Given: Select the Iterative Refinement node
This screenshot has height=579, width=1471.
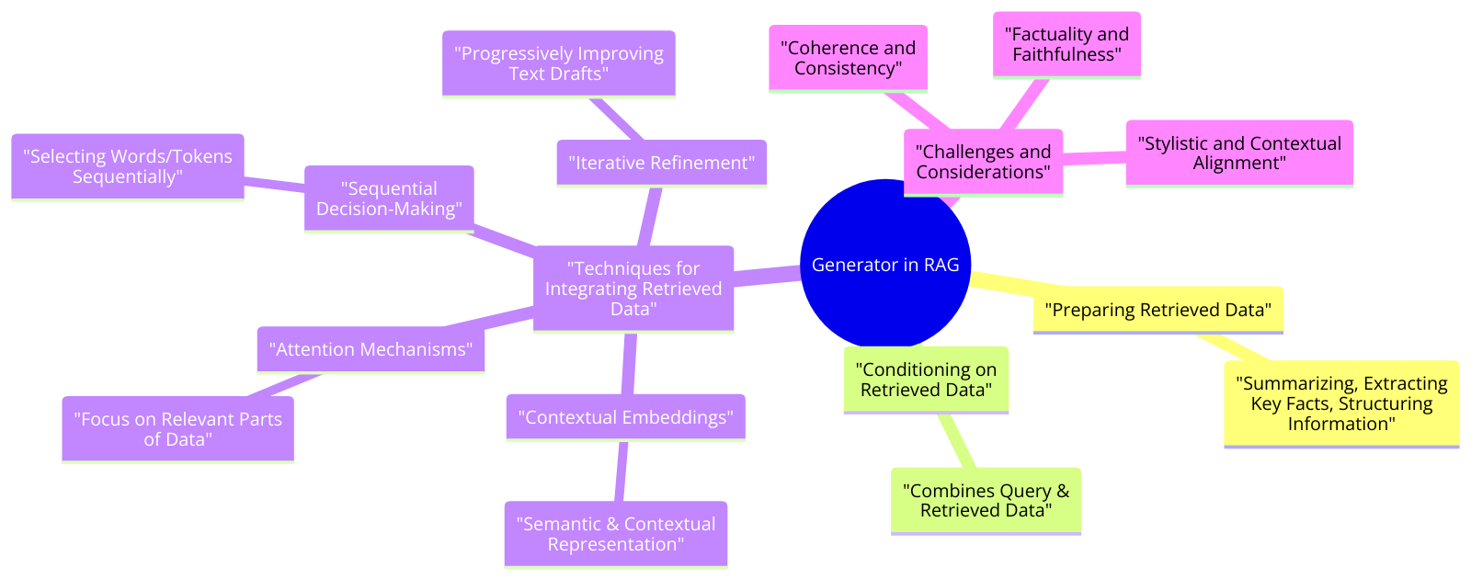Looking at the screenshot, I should [661, 163].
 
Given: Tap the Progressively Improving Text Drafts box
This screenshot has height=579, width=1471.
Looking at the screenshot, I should [558, 63].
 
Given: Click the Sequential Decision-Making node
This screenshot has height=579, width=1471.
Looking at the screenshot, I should [389, 199].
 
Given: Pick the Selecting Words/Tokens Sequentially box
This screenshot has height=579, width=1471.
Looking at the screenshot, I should [128, 166].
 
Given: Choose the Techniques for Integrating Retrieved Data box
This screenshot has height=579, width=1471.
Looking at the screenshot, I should [633, 289].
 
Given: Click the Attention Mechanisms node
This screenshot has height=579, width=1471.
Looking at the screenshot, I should [371, 349].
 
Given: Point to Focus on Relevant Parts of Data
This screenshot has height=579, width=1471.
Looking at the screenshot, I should [177, 428].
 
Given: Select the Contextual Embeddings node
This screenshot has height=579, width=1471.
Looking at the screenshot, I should [625, 417].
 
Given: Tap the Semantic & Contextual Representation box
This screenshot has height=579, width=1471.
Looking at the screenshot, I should [615, 534].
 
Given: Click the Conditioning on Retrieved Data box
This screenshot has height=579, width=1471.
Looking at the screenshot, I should [926, 380].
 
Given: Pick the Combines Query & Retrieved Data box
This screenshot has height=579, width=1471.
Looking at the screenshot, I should [986, 501].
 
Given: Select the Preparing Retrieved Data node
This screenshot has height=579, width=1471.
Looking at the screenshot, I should [1157, 310].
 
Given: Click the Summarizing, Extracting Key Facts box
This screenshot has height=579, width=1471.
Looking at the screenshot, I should [1340, 403].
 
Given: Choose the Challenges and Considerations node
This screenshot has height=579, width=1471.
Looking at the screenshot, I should [983, 162].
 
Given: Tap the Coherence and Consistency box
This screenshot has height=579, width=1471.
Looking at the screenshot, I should [848, 58].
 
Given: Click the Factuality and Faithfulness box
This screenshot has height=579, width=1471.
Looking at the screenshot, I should [1066, 44].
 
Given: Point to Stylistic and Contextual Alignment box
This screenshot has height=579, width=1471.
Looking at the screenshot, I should [1238, 153].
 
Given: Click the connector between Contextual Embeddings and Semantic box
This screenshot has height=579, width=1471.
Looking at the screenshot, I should [621, 471].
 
